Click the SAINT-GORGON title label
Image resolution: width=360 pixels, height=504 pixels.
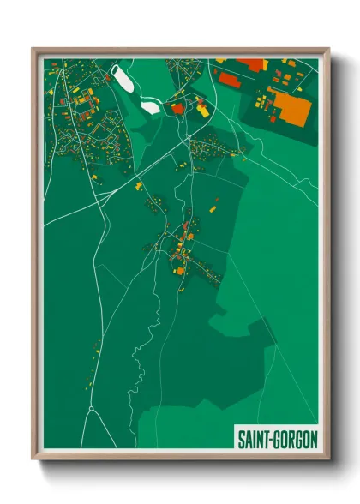(276, 439)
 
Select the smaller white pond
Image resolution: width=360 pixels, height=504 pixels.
(151, 108)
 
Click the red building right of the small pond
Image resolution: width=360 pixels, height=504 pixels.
(177, 109)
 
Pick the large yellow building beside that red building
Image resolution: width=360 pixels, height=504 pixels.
(202, 110)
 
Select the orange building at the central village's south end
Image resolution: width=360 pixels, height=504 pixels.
(180, 271)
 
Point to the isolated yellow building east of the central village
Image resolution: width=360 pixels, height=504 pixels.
(213, 207)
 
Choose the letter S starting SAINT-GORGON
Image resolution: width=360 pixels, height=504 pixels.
(239, 439)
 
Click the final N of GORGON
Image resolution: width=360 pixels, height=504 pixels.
(313, 439)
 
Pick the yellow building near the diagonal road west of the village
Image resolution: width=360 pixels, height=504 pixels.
(137, 182)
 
